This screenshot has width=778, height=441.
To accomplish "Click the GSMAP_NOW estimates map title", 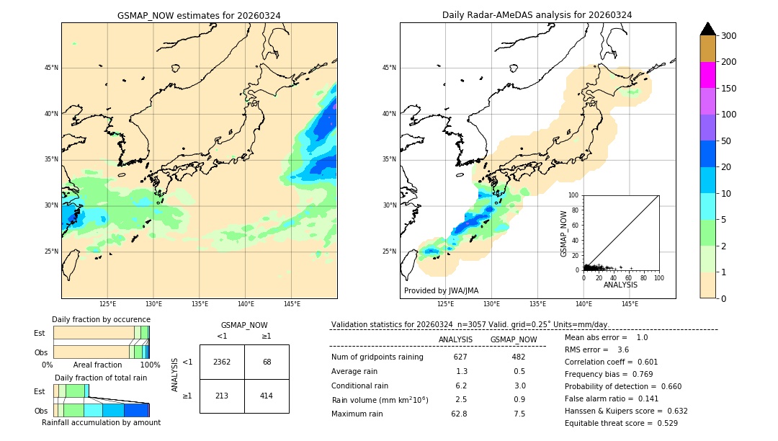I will coord(199,15).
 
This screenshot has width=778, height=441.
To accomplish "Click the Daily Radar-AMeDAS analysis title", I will coord(537,15).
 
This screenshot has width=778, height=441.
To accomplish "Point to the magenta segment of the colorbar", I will coord(708,75).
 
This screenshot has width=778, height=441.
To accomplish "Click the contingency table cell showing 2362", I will coord(222,362).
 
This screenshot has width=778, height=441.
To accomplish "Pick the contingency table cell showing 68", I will coord(267,362).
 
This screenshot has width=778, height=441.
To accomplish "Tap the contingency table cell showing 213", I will coord(222,396).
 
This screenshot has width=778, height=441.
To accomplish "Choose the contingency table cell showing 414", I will coord(267,396).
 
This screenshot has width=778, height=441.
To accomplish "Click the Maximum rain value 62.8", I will coord(459,414).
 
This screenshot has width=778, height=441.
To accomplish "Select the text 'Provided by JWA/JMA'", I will coord(441,291).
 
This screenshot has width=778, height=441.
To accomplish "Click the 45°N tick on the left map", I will coord(51,68).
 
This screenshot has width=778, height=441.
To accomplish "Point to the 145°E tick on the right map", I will coord(630,304).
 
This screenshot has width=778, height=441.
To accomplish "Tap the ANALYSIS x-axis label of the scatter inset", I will coord(620,285).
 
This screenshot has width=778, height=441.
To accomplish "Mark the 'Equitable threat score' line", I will coord(621,423).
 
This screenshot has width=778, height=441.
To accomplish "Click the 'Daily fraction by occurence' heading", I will coord(101,319).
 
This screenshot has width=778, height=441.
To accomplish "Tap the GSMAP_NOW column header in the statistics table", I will coord(514,339).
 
